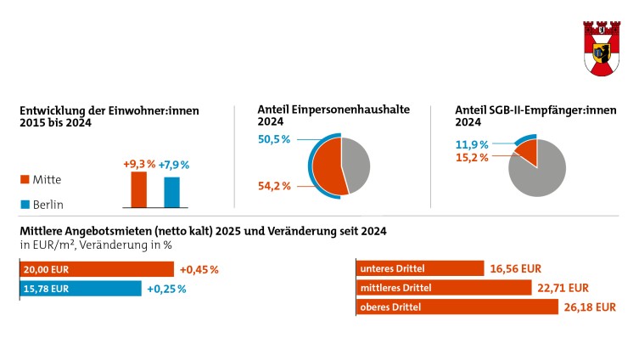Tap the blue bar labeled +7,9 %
tap(171, 192)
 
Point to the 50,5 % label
tap(274, 139)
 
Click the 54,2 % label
tap(275, 186)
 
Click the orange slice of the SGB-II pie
tap(526, 153)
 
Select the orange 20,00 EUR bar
tap(96, 269)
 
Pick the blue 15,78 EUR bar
tap(80, 289)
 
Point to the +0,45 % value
tap(199, 270)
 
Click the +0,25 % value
tap(166, 289)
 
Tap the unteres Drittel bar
tap(419, 269)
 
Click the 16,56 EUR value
tap(515, 269)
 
